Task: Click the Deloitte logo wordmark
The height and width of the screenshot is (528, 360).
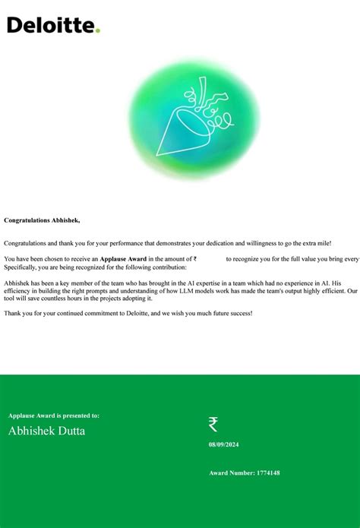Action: coord(50,26)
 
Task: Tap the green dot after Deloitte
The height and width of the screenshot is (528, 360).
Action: coord(98,30)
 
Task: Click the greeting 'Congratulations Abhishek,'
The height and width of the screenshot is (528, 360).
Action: coord(42,220)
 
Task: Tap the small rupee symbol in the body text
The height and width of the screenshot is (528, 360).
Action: coord(195,259)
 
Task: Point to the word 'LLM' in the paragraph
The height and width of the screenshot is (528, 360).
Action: coord(187,291)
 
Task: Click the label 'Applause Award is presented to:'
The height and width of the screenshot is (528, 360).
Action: coord(54,416)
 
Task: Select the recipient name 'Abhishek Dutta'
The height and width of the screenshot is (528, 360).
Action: coord(46,432)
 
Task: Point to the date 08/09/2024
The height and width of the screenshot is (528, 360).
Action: coord(225,444)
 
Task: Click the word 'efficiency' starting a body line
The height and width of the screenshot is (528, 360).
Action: coord(18,291)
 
